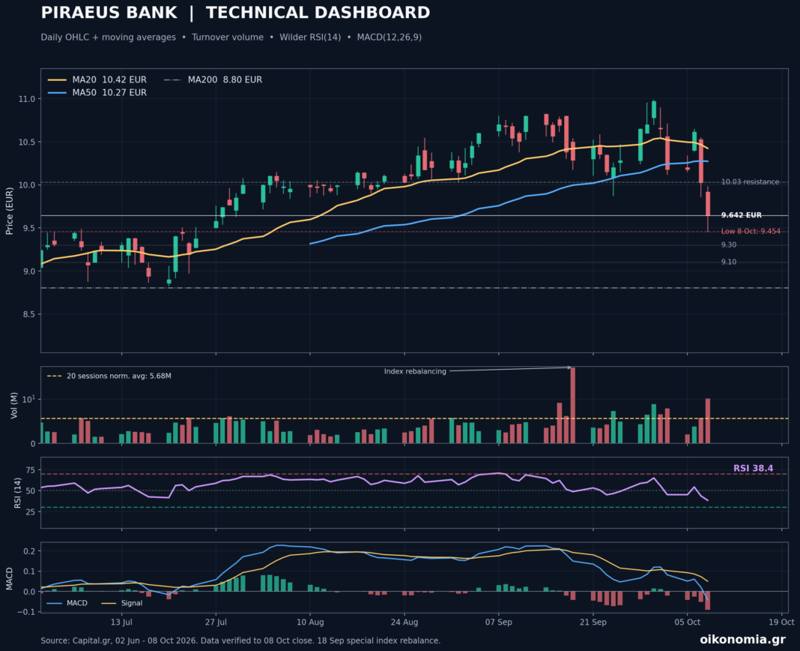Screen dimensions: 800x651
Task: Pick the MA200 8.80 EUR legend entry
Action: [213, 79]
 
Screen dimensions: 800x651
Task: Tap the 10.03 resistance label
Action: [750, 182]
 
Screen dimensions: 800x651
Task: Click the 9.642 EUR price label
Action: [742, 215]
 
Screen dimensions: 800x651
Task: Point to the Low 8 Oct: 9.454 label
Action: [751, 232]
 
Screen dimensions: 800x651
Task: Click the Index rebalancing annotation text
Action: [415, 371]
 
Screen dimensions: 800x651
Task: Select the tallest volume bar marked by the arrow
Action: [572, 405]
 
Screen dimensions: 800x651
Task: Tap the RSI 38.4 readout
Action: [753, 468]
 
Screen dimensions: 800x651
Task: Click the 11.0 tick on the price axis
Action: [27, 99]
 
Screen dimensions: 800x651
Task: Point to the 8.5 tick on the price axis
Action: [29, 314]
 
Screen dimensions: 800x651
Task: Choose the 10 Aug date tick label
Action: [310, 622]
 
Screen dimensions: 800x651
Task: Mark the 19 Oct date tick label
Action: [781, 622]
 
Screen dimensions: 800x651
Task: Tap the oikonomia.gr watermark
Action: [743, 639]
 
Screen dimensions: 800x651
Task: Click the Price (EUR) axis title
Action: [10, 211]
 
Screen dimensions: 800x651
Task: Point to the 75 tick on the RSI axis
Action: [31, 470]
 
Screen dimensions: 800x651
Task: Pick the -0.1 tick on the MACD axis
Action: [28, 612]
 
